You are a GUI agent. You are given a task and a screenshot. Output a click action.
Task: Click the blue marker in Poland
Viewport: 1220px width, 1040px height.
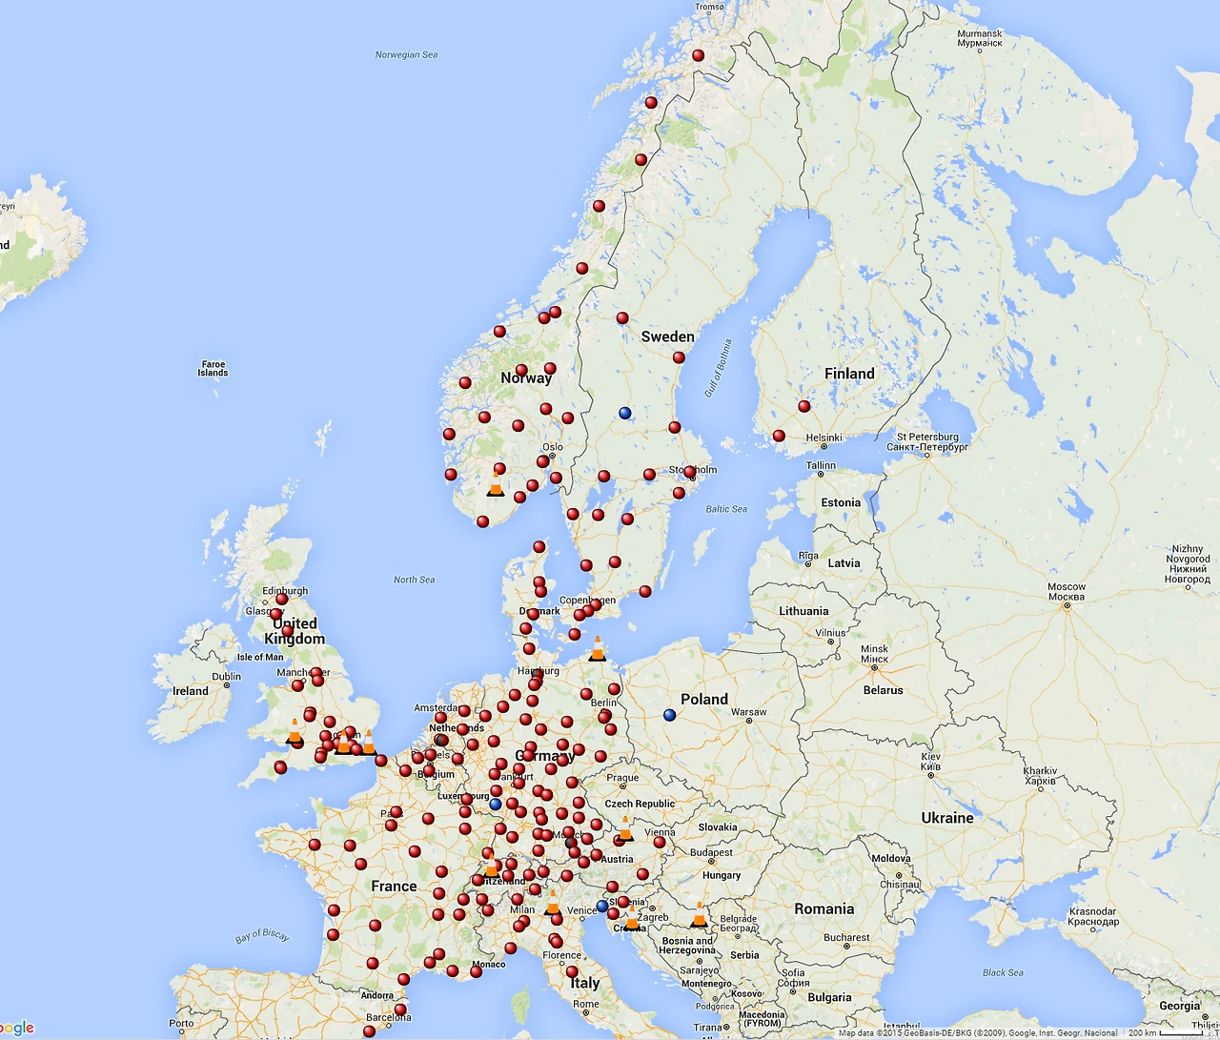click(669, 715)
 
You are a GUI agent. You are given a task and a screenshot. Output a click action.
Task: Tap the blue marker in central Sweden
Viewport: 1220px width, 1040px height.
click(625, 413)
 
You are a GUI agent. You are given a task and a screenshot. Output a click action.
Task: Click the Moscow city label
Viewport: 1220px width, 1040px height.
click(1067, 592)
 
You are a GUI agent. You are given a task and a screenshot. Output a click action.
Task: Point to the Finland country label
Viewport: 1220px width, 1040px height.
click(849, 374)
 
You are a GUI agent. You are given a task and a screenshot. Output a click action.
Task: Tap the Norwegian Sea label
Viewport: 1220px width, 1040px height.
click(406, 55)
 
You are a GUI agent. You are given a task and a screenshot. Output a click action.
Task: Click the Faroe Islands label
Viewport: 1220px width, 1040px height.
click(213, 368)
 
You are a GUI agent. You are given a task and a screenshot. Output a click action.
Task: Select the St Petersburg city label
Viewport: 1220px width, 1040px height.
click(927, 441)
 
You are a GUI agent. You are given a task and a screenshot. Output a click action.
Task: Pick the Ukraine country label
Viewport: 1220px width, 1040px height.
click(947, 818)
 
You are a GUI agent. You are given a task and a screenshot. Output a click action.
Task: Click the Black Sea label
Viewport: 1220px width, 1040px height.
click(1003, 973)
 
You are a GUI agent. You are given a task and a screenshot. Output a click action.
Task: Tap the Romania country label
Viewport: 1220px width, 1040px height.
click(824, 909)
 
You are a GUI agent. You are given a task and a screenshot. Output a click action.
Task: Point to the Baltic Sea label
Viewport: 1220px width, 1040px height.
click(726, 509)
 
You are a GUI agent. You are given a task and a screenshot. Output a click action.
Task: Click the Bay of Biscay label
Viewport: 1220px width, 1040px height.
click(262, 936)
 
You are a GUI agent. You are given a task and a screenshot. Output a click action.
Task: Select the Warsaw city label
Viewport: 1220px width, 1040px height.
click(749, 712)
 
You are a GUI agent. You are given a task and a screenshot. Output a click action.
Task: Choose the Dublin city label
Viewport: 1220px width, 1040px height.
click(227, 677)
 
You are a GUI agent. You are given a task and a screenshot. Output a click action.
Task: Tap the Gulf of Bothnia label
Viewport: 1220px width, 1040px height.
click(719, 368)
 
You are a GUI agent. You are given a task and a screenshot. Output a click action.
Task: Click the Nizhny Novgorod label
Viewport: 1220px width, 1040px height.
click(1187, 564)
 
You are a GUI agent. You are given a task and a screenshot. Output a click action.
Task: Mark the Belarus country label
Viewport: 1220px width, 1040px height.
click(884, 690)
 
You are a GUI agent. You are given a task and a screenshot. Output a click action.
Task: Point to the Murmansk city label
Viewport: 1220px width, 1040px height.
click(980, 38)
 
